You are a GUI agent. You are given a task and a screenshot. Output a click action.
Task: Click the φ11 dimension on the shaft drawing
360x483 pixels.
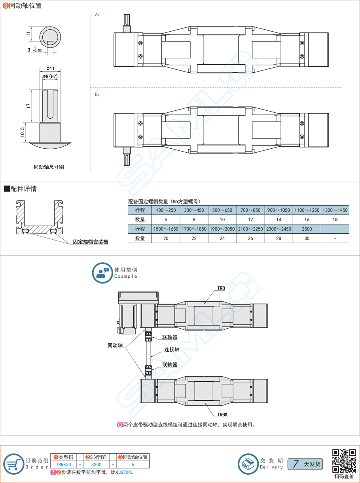pyautogui.click(x=50, y=68)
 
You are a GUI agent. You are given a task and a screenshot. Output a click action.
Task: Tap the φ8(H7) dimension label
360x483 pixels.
pyautogui.click(x=50, y=77)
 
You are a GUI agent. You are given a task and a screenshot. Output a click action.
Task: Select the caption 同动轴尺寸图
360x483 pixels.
pyautogui.click(x=49, y=167)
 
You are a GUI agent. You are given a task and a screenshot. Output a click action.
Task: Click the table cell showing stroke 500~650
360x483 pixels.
pyautogui.click(x=222, y=210)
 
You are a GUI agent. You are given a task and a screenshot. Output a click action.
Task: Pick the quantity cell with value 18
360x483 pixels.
pyautogui.click(x=335, y=220)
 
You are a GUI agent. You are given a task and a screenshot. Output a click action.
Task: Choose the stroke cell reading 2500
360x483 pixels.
pyautogui.click(x=307, y=229)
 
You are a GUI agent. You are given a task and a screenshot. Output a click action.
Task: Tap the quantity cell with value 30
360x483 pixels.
pyautogui.click(x=307, y=239)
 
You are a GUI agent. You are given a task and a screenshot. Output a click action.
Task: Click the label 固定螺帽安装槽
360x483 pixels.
pyautogui.click(x=90, y=242)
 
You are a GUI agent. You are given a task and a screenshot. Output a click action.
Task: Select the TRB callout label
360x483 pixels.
pyautogui.click(x=221, y=288)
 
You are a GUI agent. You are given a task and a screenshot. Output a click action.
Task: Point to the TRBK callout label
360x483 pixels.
pyautogui.click(x=222, y=415)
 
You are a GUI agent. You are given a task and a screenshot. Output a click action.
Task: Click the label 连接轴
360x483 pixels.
pyautogui.click(x=172, y=350)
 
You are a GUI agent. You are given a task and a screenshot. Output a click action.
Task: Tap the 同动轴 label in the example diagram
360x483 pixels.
pyautogui.click(x=115, y=345)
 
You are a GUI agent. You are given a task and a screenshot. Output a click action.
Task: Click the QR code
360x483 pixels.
pyautogui.click(x=344, y=461)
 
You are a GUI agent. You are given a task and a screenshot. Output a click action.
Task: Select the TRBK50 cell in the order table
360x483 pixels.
pyautogui.click(x=64, y=465)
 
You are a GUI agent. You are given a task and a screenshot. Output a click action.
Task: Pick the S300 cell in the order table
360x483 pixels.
pyautogui.click(x=96, y=465)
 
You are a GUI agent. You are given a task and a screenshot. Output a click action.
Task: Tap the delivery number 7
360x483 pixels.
pyautogui.click(x=296, y=464)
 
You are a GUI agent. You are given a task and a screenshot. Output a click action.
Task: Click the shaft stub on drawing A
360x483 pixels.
pyautogui.click(x=127, y=23)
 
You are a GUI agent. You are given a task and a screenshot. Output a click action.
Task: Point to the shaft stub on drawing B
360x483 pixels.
pyautogui.click(x=127, y=155)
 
